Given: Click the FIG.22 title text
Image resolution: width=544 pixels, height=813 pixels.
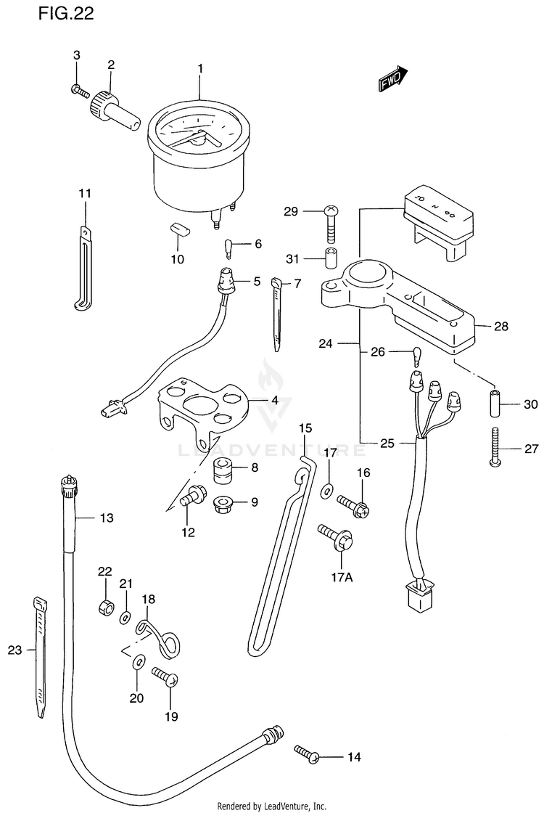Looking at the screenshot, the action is pos(66,14).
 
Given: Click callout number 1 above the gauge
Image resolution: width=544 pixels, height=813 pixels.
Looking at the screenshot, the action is pos(200,68).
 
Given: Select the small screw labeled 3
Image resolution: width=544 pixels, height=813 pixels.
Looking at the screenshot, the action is pos(80,91).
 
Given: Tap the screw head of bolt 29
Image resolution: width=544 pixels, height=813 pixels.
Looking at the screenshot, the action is pos(331,211).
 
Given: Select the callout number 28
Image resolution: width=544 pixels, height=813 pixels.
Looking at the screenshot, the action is pos(501,326).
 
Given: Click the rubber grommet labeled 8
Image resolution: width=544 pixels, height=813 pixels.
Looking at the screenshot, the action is pos(224,470).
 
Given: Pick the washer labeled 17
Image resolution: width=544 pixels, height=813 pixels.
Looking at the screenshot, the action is pos(327,490).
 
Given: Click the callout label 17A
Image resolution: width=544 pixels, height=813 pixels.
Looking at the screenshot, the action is pos(342,576).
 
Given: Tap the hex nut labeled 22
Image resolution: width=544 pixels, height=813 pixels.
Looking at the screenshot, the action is pos(106,606).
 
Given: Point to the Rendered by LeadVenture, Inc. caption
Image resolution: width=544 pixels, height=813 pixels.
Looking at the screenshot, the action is pos(272,806).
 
